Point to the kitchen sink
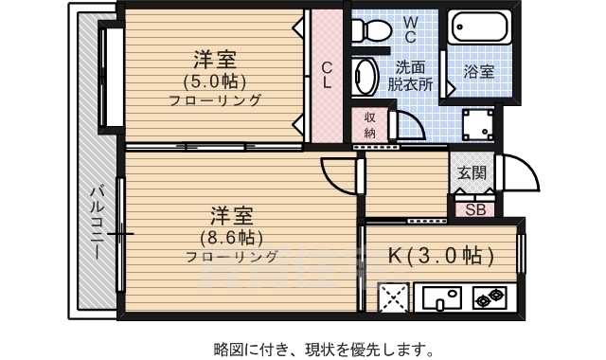441,299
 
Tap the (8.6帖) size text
231,236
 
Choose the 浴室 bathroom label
478,72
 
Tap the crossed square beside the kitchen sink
392,299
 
